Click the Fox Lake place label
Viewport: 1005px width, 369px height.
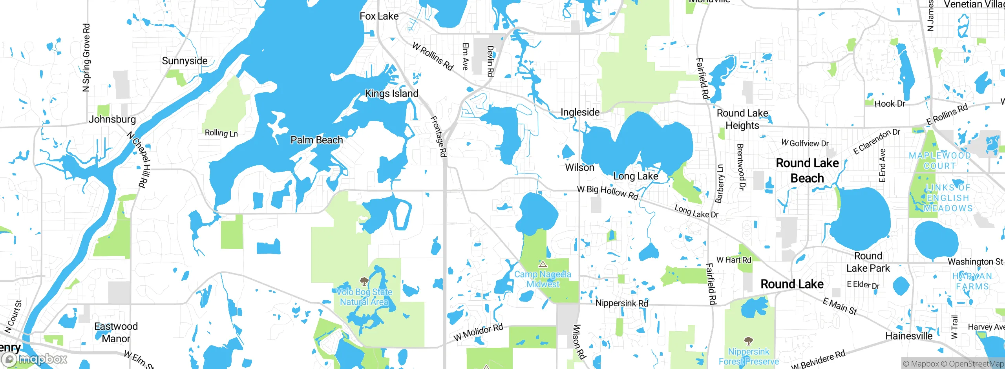(x=379, y=16)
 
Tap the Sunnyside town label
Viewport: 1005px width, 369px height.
(x=185, y=61)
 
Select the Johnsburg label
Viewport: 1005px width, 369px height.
(x=112, y=119)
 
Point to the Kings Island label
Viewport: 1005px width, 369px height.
(x=391, y=93)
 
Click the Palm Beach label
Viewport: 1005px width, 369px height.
(x=316, y=140)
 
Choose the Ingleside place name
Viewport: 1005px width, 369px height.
(x=580, y=112)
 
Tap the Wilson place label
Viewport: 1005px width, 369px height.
(x=579, y=168)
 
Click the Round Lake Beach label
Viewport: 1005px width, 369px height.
(x=807, y=170)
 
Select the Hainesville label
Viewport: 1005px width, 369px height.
(x=909, y=336)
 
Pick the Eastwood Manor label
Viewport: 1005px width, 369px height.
(x=116, y=332)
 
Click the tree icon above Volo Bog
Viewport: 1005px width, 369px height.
(x=364, y=281)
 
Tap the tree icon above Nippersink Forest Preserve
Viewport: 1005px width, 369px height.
(x=749, y=340)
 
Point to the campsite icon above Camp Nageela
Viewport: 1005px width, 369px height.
(x=543, y=264)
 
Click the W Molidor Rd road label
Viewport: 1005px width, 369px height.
(x=478, y=332)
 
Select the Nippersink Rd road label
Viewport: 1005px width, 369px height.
(x=621, y=303)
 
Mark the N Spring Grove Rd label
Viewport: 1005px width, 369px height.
(x=86, y=58)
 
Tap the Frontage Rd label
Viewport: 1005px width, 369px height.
(x=439, y=136)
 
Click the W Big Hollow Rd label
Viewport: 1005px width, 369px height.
(x=607, y=192)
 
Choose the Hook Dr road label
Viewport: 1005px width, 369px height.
(x=890, y=104)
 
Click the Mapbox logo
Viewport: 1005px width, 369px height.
(x=35, y=359)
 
